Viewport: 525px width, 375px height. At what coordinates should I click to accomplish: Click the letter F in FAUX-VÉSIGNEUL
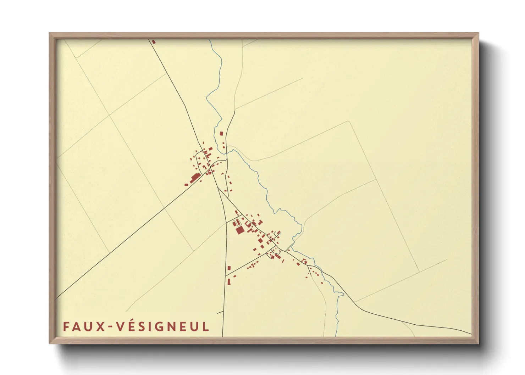pos(66,326)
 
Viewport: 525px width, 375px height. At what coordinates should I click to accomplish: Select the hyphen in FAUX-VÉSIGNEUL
pos(111,327)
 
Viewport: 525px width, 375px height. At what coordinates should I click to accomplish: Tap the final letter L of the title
pos(206,326)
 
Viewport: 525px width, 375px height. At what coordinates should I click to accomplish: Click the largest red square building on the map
pos(240,230)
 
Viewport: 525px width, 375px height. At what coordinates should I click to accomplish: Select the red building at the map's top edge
pos(154,42)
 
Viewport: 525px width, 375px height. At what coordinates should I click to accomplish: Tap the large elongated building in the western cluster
pos(195,178)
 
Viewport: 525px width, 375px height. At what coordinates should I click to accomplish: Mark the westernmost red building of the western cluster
pos(186,184)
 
